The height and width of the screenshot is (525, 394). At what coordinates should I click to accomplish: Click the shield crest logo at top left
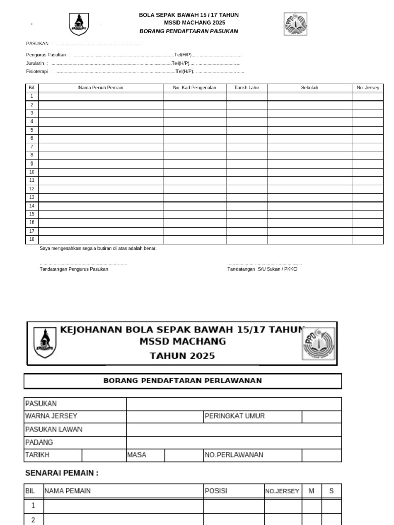click(x=78, y=24)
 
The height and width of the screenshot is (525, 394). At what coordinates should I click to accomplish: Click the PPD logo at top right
click(x=295, y=24)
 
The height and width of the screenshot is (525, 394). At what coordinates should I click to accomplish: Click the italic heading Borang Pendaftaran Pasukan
click(x=188, y=31)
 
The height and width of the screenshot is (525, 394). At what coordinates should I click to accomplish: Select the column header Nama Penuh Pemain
click(x=101, y=88)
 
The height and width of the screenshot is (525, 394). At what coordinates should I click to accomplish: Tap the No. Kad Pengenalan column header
click(x=194, y=88)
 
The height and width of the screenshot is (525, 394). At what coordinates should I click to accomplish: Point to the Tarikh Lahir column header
click(x=247, y=88)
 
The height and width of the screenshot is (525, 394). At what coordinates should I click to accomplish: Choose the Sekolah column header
click(x=309, y=88)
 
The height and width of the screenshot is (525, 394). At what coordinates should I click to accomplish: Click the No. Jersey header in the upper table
click(x=367, y=88)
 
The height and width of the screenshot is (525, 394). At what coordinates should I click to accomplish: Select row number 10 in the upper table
click(x=32, y=172)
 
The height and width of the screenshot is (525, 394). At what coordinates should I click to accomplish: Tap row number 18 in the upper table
click(x=32, y=239)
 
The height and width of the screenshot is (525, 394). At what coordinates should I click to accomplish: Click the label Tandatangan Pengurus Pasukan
click(x=74, y=269)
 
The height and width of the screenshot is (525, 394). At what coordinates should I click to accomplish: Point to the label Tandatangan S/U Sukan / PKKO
click(x=262, y=269)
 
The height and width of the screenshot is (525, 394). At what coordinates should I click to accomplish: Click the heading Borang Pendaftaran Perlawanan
click(x=183, y=381)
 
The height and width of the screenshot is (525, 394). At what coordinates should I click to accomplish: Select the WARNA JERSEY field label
click(x=51, y=416)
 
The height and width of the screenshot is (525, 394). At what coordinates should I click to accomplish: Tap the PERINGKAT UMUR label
click(x=235, y=416)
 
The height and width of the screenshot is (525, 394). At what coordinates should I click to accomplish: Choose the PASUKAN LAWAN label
click(x=53, y=429)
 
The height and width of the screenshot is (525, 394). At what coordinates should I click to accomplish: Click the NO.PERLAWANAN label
click(x=234, y=455)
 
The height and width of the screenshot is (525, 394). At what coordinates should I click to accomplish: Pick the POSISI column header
click(x=216, y=491)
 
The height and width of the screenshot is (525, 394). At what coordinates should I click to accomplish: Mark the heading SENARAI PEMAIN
click(x=62, y=473)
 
